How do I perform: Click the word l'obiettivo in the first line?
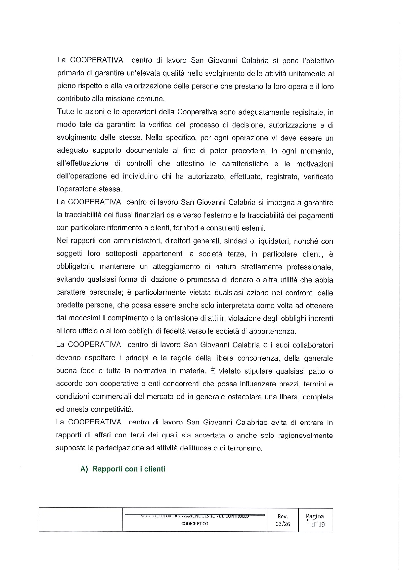click(314, 61)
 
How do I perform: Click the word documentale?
click(147, 151)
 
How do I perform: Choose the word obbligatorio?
click(76, 267)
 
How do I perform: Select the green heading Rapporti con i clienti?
click(129, 469)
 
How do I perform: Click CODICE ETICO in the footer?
click(195, 523)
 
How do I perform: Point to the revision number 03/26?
click(283, 524)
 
